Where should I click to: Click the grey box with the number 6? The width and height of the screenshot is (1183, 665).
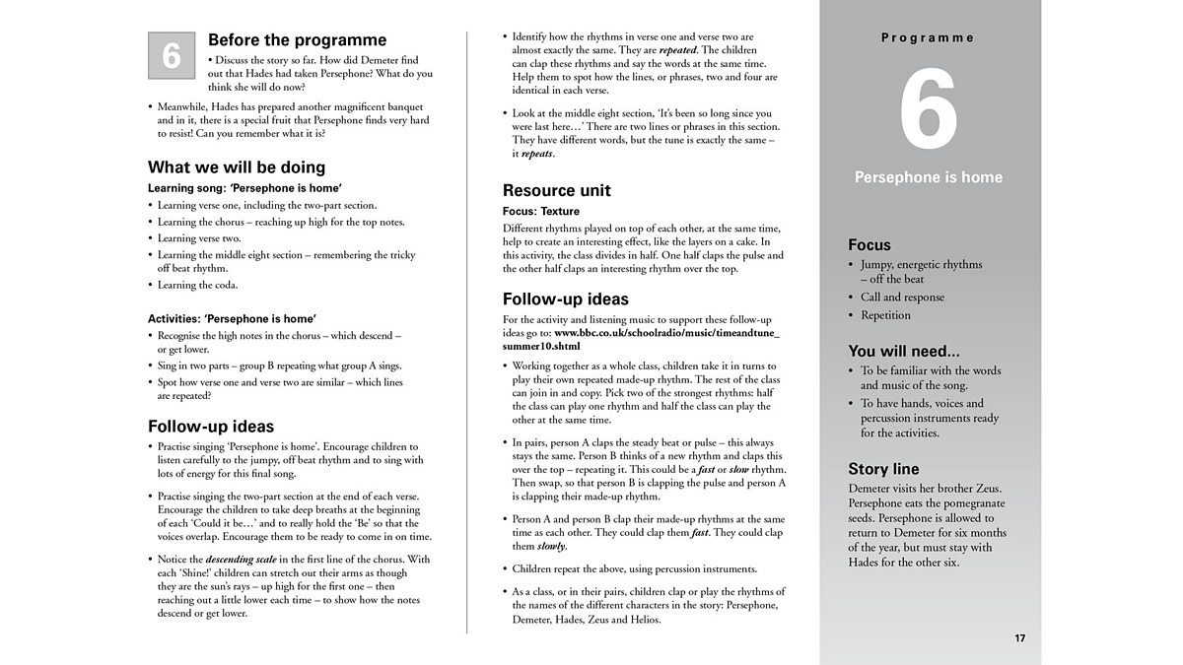[171, 55]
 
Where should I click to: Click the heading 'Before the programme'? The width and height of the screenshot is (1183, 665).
[297, 40]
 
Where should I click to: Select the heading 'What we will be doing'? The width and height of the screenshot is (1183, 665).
[236, 166]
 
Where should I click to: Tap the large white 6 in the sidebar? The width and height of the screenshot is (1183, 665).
[928, 110]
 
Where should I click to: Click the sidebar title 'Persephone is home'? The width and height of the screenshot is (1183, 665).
[928, 177]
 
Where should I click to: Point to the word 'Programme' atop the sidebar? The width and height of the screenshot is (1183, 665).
[928, 37]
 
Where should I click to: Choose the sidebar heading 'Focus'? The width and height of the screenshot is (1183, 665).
[869, 244]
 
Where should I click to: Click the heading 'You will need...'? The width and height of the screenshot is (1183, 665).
[903, 351]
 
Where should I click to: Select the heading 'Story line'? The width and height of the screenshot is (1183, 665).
[883, 469]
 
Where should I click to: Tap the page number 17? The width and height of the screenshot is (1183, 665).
[1019, 638]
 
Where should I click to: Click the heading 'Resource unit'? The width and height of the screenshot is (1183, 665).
[556, 190]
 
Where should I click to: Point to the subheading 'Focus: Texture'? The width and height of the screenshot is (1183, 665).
[541, 211]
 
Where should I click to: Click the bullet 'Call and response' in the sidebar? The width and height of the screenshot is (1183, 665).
[902, 297]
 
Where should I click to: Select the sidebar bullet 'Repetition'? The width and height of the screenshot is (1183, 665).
[885, 315]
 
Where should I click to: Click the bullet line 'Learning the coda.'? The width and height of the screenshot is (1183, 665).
[197, 285]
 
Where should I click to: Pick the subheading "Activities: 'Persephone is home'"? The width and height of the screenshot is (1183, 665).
[232, 318]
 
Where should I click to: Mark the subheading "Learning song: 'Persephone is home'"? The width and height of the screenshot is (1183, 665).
[244, 187]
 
